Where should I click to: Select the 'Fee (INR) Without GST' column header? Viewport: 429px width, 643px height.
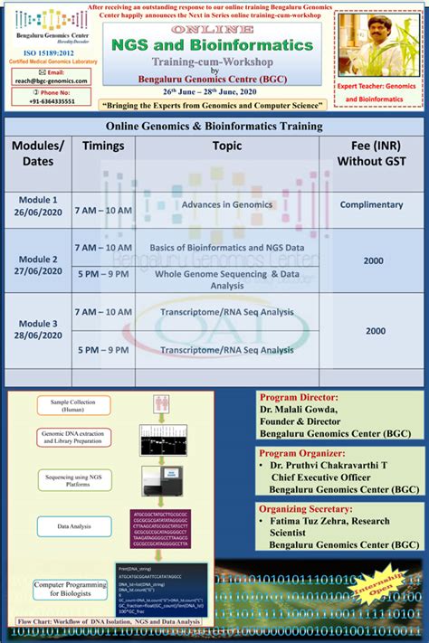371,153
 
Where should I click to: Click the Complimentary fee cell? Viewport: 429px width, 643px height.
371,204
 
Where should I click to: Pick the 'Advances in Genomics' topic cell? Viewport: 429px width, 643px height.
226,204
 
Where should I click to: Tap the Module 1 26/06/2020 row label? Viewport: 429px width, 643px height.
38,205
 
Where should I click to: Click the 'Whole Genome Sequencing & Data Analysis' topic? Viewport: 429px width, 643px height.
226,279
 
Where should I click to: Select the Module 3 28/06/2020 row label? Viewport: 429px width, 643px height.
38,330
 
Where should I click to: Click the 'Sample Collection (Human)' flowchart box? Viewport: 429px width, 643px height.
68,404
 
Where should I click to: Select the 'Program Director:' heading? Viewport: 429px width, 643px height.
299,396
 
